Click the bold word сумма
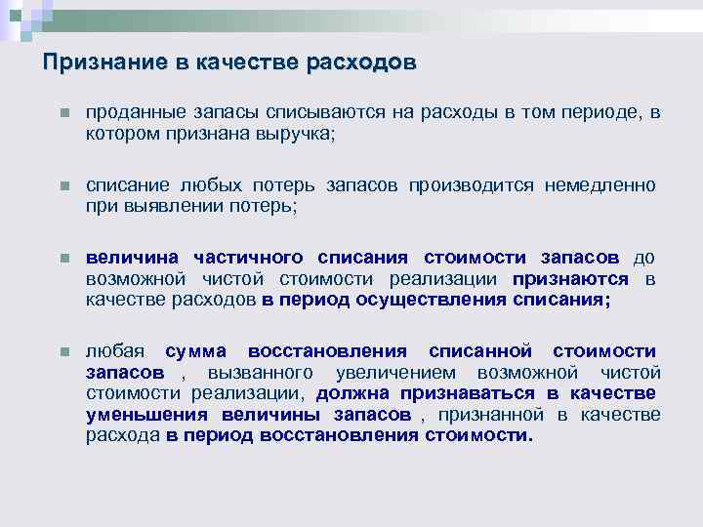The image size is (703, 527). (x=195, y=351)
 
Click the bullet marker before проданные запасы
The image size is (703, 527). (x=62, y=114)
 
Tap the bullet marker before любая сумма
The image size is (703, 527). (x=62, y=352)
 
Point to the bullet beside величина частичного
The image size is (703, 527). (x=62, y=259)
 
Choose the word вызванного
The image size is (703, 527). (x=260, y=373)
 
